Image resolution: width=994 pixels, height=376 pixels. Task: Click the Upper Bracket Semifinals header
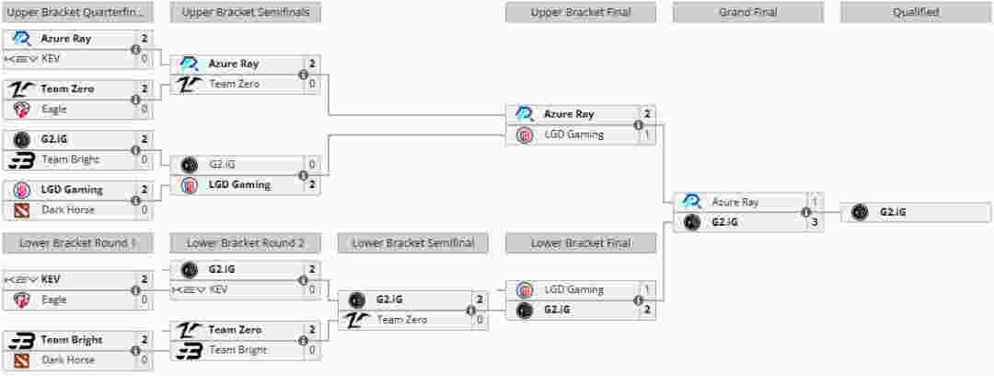point(245,13)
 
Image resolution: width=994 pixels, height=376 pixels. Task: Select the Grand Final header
point(747,13)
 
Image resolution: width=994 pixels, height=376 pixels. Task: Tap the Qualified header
point(916,13)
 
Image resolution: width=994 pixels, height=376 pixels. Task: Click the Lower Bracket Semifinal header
point(413,243)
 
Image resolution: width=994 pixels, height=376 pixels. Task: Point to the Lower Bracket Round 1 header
point(77,243)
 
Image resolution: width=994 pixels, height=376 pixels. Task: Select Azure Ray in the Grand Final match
point(734,202)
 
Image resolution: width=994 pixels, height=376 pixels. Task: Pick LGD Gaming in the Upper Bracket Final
point(573,135)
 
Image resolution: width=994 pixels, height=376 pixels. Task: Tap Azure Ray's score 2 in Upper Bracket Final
point(648,114)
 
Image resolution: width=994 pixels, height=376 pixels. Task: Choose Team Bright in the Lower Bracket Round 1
point(71,340)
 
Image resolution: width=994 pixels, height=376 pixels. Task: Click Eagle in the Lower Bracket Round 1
point(54,300)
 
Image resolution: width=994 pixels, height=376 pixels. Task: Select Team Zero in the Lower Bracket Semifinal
point(401,320)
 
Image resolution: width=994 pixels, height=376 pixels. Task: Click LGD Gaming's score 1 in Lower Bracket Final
point(648,289)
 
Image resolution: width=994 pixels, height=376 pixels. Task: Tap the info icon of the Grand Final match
point(805,212)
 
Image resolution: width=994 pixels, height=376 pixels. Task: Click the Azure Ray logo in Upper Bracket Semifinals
point(189,64)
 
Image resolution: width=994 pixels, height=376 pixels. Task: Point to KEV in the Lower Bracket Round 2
point(218,289)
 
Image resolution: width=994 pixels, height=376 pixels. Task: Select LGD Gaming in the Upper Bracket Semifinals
point(239,184)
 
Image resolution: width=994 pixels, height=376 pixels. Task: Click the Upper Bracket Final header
point(580,13)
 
